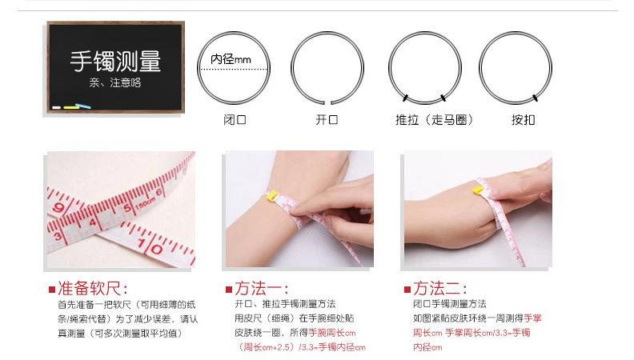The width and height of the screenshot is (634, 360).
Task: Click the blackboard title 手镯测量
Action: (x=115, y=61)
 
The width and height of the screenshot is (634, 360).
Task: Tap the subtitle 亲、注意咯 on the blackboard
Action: (x=115, y=83)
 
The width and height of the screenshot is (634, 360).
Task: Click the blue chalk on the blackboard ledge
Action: (x=83, y=106)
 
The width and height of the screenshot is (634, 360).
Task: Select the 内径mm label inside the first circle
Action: (x=231, y=59)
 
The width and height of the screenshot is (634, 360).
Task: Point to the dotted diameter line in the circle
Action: (x=234, y=69)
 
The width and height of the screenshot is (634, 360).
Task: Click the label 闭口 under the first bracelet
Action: (x=235, y=119)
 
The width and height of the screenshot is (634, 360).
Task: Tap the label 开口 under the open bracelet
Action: (x=327, y=119)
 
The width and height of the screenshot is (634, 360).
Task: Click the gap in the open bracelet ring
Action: (x=328, y=102)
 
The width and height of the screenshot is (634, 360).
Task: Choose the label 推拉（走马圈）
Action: (x=434, y=119)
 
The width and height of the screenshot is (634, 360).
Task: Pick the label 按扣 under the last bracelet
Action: (x=524, y=119)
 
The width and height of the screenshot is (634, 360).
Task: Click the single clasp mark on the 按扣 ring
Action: (x=536, y=98)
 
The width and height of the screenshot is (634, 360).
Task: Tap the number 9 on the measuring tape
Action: (x=59, y=208)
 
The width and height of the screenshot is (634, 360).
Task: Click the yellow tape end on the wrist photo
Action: (x=272, y=196)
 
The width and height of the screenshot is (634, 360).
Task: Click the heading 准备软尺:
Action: (x=93, y=289)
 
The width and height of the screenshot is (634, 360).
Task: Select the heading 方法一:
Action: (x=262, y=289)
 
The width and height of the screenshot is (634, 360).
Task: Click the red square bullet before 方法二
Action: (x=407, y=290)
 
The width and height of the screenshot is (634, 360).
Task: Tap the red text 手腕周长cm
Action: (x=332, y=333)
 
